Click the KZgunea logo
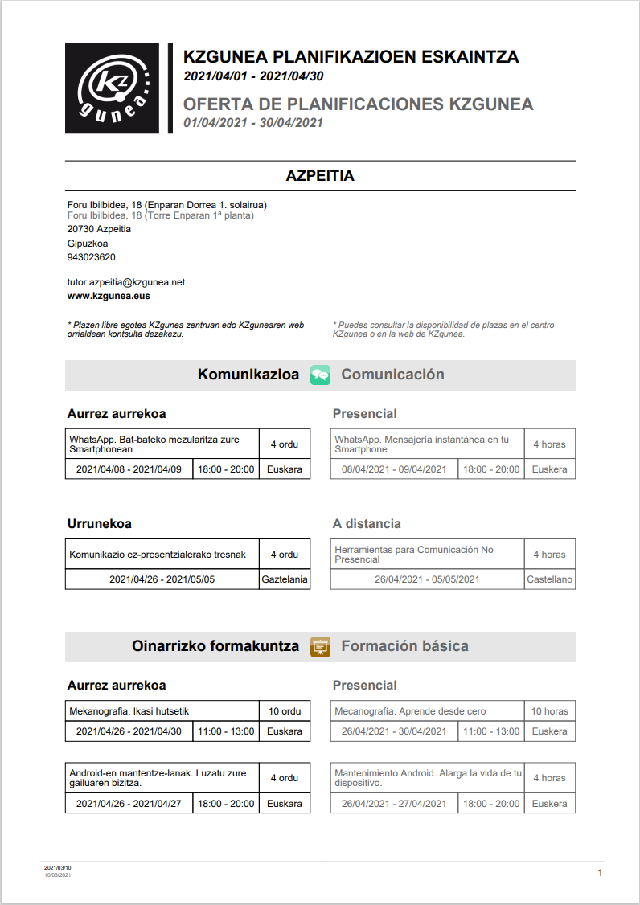(113, 88)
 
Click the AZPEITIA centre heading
(320, 176)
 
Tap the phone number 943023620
(91, 257)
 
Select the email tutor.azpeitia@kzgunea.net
(126, 282)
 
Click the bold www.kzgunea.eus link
(109, 296)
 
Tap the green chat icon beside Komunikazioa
(320, 375)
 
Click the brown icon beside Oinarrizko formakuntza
(320, 646)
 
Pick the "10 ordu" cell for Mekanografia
(285, 710)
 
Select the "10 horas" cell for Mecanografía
(549, 710)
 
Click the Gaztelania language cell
(285, 579)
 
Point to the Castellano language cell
(549, 579)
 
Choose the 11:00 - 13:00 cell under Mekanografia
(226, 731)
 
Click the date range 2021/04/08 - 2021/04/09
(129, 469)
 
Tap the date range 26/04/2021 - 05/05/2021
(427, 579)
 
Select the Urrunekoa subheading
(100, 524)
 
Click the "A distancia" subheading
(367, 524)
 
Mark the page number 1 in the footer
(600, 873)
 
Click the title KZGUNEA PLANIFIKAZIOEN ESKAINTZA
(351, 57)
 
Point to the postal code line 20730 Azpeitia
(99, 229)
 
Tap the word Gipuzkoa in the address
(88, 243)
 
